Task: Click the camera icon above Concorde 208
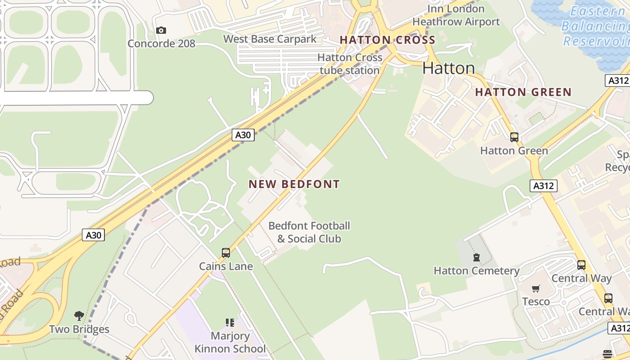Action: pyautogui.click(x=161, y=31)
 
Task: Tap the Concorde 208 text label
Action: pyautogui.click(x=161, y=44)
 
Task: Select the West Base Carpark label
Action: pyautogui.click(x=270, y=39)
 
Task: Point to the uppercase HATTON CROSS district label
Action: pyautogui.click(x=387, y=40)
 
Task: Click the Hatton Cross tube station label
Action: pyautogui.click(x=350, y=64)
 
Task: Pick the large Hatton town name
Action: pyautogui.click(x=449, y=68)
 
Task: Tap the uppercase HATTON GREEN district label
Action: pyautogui.click(x=523, y=92)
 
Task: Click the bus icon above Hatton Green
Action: pyautogui.click(x=514, y=137)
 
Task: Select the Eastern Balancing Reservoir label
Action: pyautogui.click(x=596, y=26)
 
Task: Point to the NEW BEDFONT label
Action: pyautogui.click(x=294, y=184)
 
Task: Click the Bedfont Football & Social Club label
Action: pyautogui.click(x=309, y=232)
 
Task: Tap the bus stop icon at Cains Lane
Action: pyautogui.click(x=226, y=253)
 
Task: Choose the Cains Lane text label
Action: pyautogui.click(x=226, y=266)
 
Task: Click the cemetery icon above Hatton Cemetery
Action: pyautogui.click(x=476, y=257)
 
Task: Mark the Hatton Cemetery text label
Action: pyautogui.click(x=476, y=271)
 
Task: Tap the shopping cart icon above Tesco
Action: pyautogui.click(x=535, y=288)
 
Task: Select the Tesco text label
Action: pyautogui.click(x=535, y=301)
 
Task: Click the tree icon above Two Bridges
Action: pyautogui.click(x=79, y=316)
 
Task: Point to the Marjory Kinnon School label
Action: pyautogui.click(x=230, y=342)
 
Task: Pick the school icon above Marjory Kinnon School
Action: pyautogui.click(x=230, y=322)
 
